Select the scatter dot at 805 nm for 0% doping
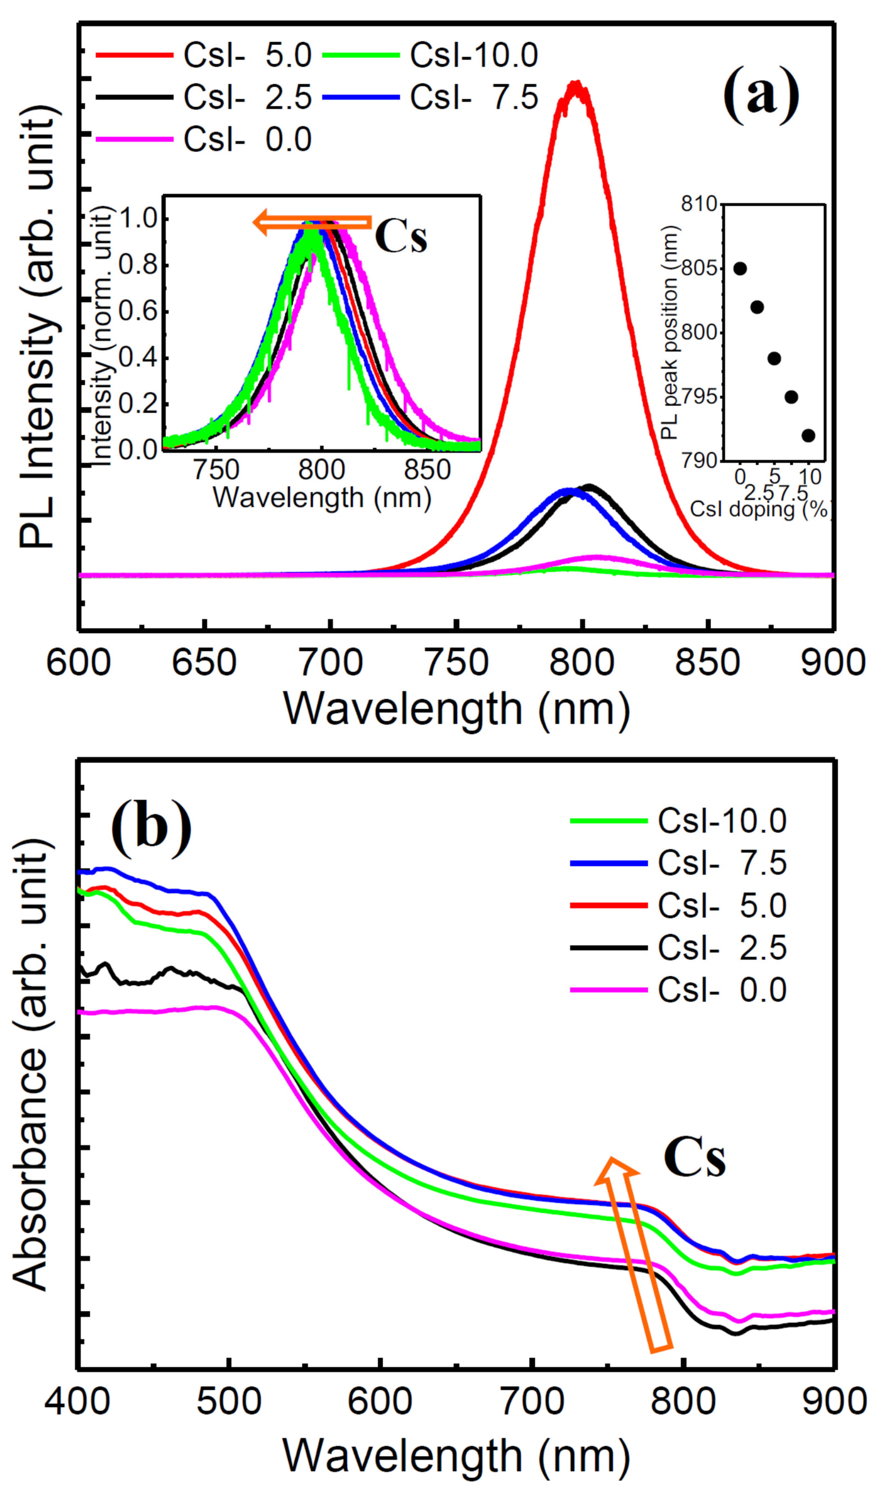click(740, 269)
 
